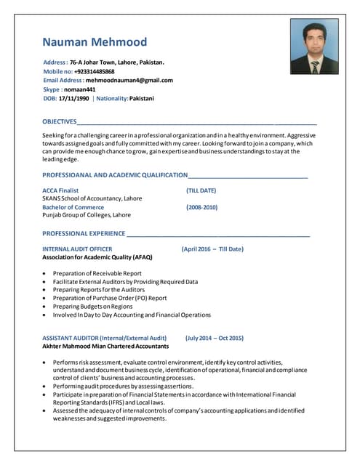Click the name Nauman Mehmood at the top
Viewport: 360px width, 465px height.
94,42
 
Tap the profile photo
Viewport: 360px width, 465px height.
314,46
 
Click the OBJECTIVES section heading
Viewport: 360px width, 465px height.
60,121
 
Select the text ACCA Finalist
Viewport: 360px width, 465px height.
60,190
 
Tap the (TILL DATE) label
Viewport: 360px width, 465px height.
201,190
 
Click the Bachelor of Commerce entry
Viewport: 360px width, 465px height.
73,207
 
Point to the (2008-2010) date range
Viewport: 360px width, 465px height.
201,207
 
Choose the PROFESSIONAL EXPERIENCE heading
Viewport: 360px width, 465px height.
84,233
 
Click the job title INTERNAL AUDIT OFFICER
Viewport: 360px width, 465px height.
77,249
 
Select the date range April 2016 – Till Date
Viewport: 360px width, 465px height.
212,249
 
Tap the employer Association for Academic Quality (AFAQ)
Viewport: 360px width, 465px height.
97,257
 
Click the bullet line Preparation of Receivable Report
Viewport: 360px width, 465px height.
97,273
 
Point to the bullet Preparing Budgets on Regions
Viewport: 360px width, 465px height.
92,307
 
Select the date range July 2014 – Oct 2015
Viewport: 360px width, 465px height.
215,338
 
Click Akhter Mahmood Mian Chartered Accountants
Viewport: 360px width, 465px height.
105,347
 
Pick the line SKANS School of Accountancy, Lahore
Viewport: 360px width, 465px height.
92,198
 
